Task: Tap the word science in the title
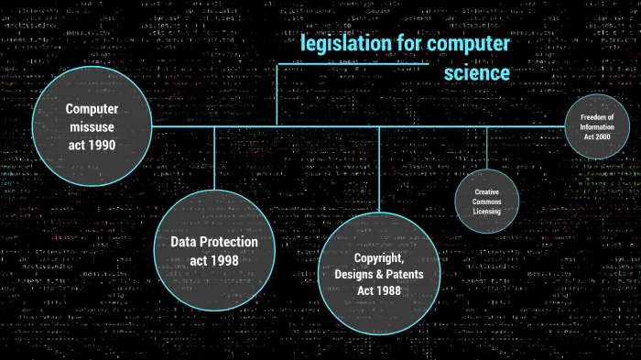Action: [x=477, y=72]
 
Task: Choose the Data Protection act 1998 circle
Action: [x=214, y=250]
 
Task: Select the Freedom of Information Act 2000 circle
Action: [x=598, y=125]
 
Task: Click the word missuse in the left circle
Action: [x=92, y=128]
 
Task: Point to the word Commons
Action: [x=487, y=201]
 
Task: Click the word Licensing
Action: [x=487, y=211]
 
